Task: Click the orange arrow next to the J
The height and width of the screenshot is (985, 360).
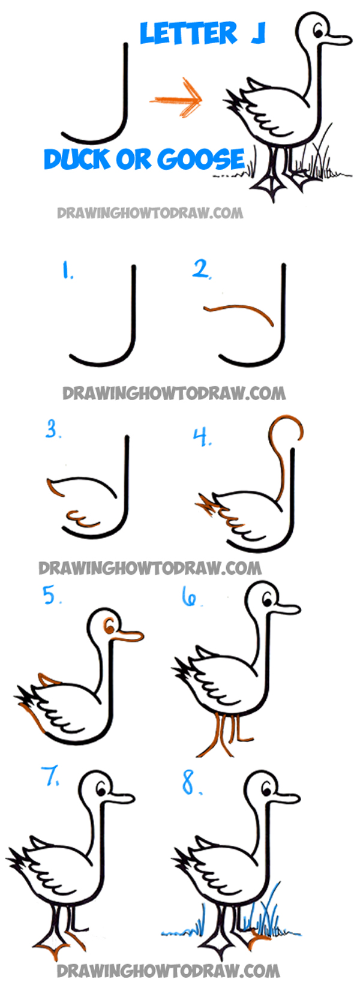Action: click(x=176, y=98)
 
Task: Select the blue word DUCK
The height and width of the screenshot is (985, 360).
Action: click(x=77, y=159)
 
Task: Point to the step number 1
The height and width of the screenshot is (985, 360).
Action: click(x=67, y=270)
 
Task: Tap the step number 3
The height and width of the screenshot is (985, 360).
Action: click(x=53, y=429)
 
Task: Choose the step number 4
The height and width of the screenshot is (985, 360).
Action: click(x=202, y=437)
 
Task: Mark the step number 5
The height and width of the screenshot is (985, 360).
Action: click(x=52, y=596)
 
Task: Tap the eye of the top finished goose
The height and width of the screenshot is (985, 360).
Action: click(x=319, y=31)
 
